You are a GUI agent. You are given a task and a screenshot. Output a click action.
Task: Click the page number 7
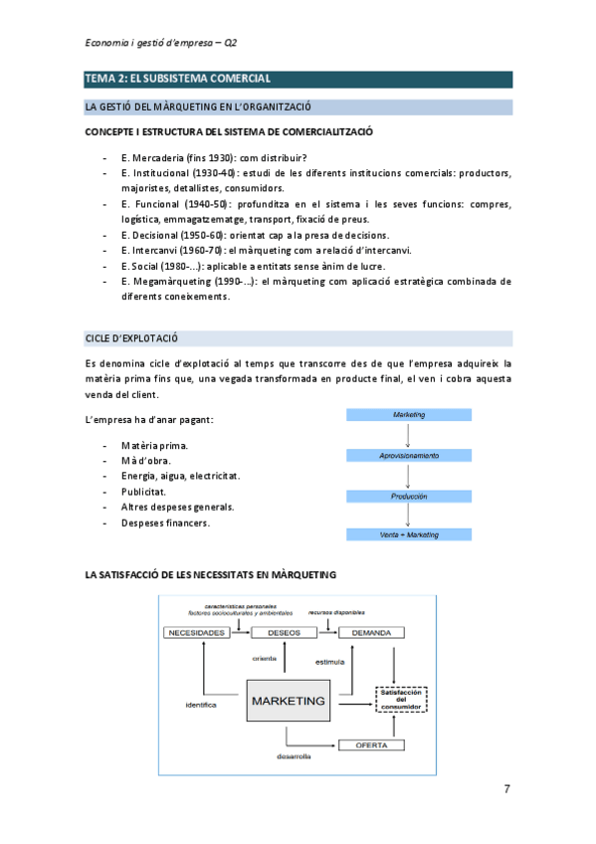506,789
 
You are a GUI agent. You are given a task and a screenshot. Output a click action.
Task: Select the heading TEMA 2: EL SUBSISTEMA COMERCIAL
178,79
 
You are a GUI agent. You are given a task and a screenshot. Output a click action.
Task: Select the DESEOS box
286,632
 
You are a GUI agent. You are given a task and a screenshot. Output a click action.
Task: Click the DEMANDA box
371,632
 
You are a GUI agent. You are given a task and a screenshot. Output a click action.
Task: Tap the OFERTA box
371,744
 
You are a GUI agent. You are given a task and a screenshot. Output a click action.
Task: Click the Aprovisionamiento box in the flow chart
409,455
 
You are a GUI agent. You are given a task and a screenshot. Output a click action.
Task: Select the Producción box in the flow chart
409,496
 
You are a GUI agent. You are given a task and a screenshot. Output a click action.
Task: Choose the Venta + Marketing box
409,534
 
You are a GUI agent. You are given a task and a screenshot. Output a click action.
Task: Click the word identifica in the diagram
201,705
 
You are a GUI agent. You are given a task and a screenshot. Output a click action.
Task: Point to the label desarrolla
295,757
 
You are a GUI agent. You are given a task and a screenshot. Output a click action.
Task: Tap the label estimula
329,661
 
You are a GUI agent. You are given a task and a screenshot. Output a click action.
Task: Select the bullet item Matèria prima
154,445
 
